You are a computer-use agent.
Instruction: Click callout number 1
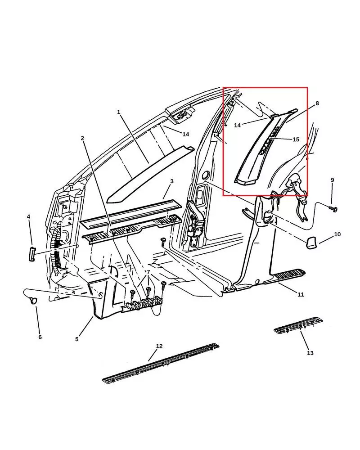pos(119,112)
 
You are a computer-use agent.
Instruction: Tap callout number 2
pos(82,138)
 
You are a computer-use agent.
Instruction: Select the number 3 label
pos(171,181)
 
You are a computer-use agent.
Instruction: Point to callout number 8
pos(317,103)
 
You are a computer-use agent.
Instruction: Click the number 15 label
pos(296,139)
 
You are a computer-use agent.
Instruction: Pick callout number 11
pos(301,294)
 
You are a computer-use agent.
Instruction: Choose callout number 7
pos(148,272)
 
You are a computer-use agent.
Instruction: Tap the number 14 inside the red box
pos(238,126)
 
